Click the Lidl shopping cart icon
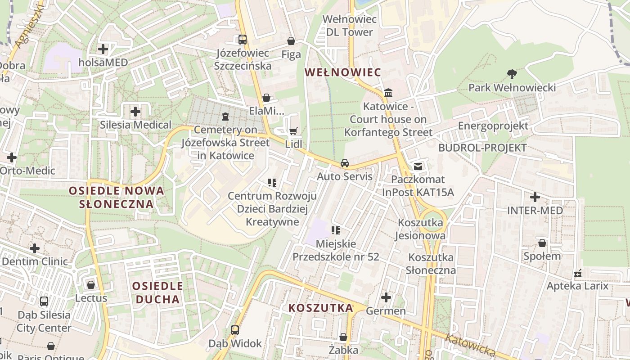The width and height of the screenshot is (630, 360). [x=293, y=131]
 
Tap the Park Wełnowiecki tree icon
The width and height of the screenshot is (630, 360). [x=512, y=74]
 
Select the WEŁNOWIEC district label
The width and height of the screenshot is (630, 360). [x=343, y=72]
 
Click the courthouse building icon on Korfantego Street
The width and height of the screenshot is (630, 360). [x=388, y=93]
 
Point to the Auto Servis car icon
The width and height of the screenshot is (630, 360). [x=345, y=163]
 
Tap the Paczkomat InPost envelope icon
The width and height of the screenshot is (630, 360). [x=418, y=166]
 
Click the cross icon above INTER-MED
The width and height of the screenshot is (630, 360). [x=535, y=197]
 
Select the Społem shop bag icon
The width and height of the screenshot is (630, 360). [x=542, y=243]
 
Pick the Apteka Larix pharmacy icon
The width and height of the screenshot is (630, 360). [x=578, y=273]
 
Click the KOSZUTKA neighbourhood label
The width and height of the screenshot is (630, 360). [x=320, y=308]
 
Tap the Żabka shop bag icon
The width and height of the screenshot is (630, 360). [x=343, y=337]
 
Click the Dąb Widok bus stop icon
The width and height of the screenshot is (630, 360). [x=235, y=330]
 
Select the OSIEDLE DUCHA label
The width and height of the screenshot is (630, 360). [x=157, y=292]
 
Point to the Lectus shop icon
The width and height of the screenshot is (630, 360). [x=91, y=285]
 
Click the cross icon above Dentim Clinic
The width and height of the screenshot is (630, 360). [x=35, y=248]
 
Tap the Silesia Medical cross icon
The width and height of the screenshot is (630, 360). [x=135, y=112]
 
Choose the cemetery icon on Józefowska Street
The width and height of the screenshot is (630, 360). [x=225, y=117]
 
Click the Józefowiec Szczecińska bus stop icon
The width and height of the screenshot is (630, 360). [x=243, y=40]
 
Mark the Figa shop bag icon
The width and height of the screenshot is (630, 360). [x=291, y=41]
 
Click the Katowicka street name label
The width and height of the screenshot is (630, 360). [x=471, y=345]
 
